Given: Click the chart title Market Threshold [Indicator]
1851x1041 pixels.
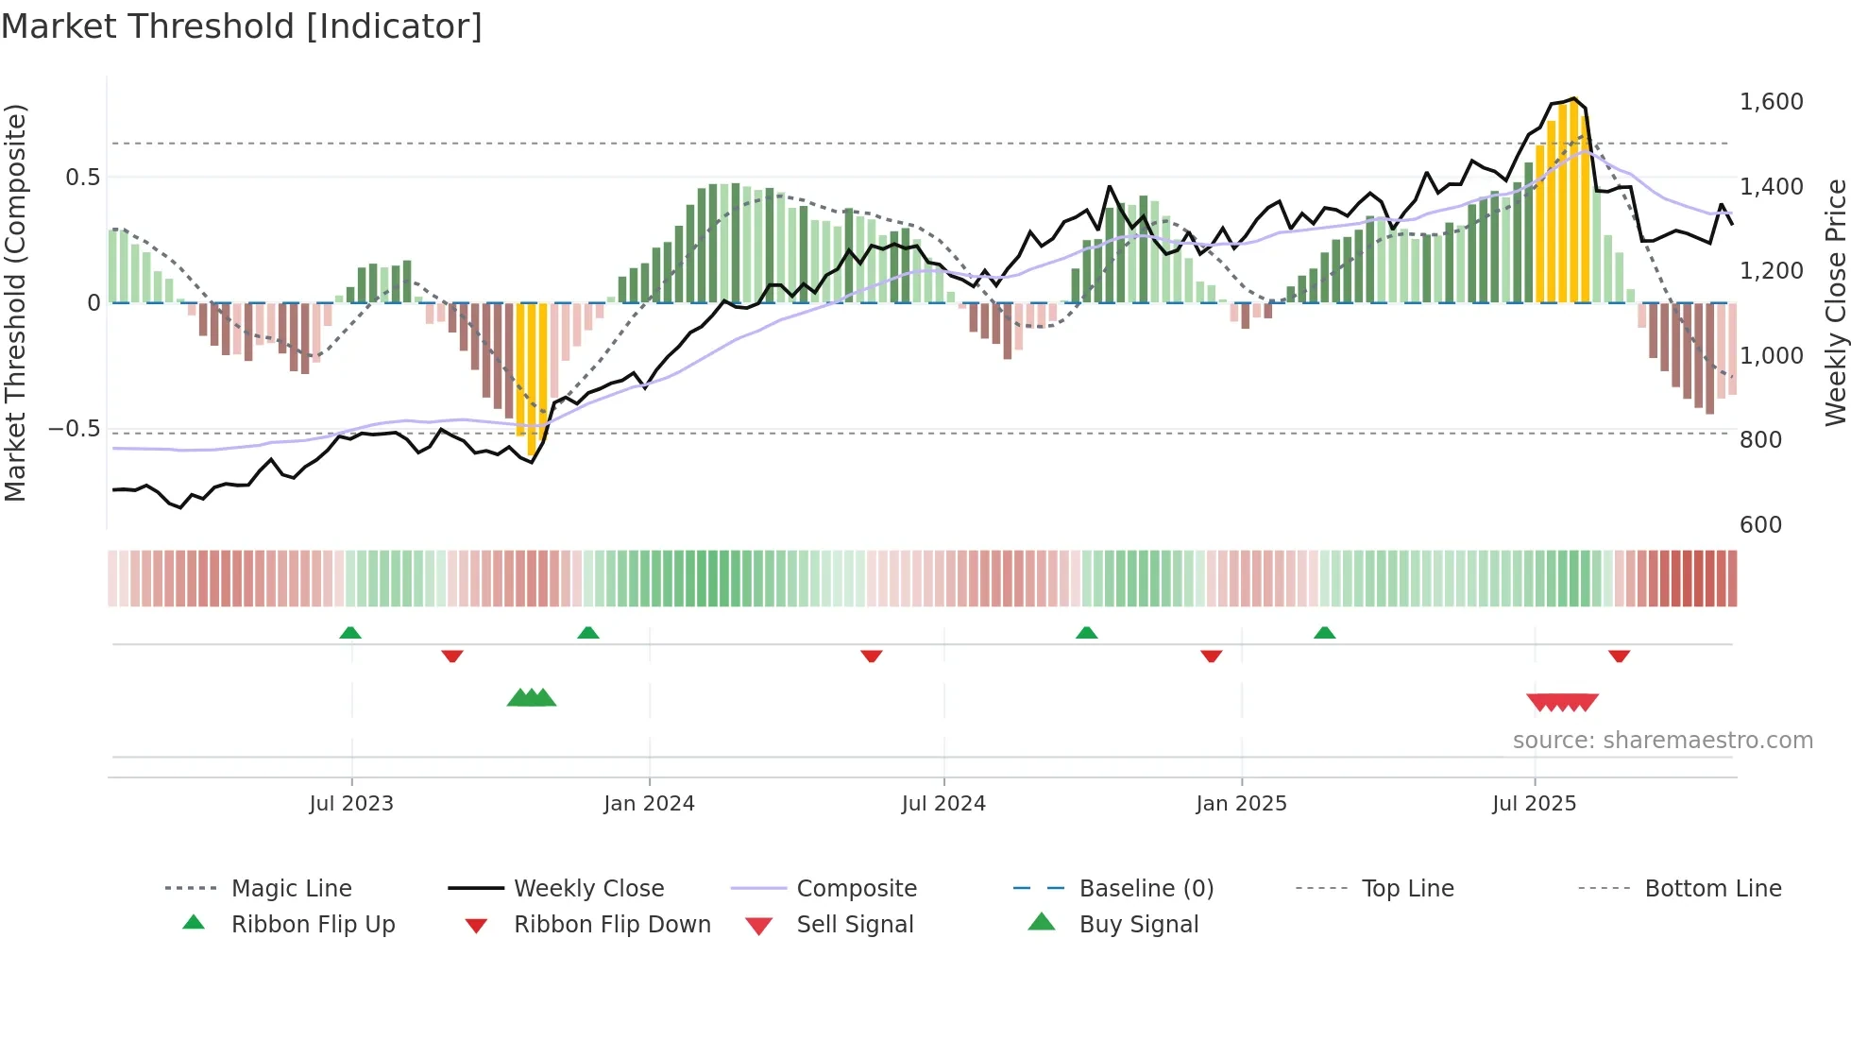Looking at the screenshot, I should [x=242, y=26].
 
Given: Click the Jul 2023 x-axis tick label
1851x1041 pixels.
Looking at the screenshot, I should [x=350, y=804].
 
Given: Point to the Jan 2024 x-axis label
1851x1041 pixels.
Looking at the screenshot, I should [x=649, y=804].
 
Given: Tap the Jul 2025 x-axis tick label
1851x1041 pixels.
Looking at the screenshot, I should [x=1534, y=804].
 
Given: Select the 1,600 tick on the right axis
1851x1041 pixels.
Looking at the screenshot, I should [x=1771, y=102].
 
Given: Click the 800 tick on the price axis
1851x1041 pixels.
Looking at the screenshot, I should [x=1760, y=440].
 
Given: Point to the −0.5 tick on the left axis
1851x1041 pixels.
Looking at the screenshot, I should [x=74, y=429].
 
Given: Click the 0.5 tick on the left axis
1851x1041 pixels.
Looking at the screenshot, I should [x=82, y=178].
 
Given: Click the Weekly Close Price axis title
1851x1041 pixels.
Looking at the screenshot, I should [x=1835, y=302].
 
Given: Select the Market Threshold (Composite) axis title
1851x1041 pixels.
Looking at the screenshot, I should [x=15, y=302].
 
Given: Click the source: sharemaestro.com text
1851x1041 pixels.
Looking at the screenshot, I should [x=1662, y=741].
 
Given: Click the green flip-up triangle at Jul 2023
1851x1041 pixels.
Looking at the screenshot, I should [x=350, y=633].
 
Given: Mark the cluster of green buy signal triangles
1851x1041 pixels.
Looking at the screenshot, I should [x=532, y=698].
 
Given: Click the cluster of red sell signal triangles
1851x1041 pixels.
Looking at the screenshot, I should [x=1562, y=702].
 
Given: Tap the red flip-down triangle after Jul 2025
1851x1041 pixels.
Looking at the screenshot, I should [x=1619, y=656].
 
